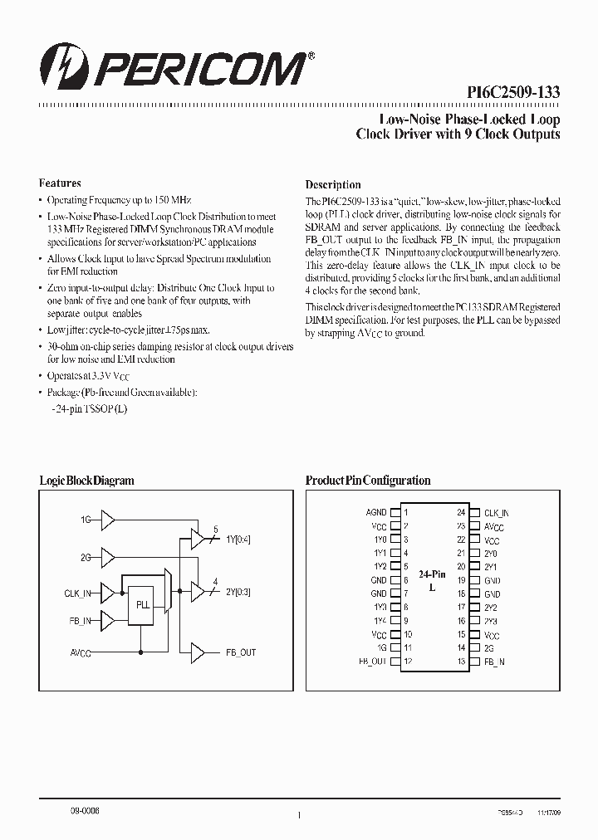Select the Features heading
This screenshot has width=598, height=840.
pos(60,183)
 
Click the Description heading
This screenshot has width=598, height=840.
pos(333,184)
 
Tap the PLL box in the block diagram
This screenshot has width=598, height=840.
pos(142,604)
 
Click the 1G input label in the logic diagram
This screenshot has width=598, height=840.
pos(85,520)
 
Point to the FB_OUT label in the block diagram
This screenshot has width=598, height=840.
pos(241,652)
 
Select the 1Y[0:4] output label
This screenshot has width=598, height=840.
pos(238,539)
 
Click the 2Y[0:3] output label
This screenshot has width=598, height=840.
pos(238,592)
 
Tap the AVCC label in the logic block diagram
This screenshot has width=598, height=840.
pos(81,652)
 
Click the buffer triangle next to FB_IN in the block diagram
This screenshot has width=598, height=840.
pos(108,620)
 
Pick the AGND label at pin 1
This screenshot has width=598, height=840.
pos(376,513)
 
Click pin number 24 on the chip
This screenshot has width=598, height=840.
pos(462,513)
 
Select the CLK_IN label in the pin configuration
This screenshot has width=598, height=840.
pos(496,513)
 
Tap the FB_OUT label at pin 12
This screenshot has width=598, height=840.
pos(373,662)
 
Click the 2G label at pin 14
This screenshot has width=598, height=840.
pos(490,648)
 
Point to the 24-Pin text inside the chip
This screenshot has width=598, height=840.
pos(432,574)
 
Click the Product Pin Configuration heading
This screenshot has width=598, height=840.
pos(368,481)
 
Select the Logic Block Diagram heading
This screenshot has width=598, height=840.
pos(86,481)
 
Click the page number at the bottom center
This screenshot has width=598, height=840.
pos(298,817)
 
